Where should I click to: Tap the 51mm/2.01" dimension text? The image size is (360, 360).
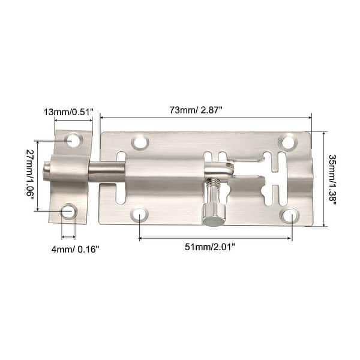[x=215, y=245]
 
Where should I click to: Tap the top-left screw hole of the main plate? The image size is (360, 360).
[x=141, y=143]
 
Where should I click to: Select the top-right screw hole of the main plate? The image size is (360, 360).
[x=288, y=143]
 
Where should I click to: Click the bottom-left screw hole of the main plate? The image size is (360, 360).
[x=140, y=214]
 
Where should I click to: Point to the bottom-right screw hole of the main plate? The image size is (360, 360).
[x=290, y=215]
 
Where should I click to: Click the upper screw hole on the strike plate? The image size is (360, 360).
[x=73, y=140]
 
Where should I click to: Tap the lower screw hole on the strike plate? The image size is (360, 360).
[x=69, y=211]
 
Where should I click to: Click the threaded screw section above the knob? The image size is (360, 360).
[x=212, y=191]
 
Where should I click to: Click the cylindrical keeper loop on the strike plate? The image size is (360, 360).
[x=67, y=169]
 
